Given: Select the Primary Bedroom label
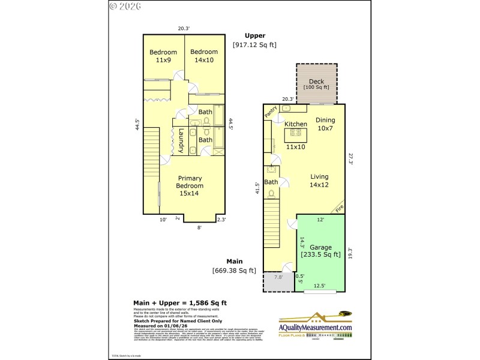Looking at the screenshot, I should pyautogui.click(x=189, y=185).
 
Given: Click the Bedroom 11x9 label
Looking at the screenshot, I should pyautogui.click(x=163, y=56).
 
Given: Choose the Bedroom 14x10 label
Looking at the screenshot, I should pyautogui.click(x=205, y=56).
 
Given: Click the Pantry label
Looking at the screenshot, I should pyautogui.click(x=271, y=111).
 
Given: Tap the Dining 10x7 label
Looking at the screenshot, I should pyautogui.click(x=326, y=124).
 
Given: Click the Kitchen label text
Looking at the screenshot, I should pyautogui.click(x=296, y=124).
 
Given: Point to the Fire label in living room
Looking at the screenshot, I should pyautogui.click(x=340, y=209).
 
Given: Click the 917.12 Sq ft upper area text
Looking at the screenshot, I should pyautogui.click(x=254, y=45).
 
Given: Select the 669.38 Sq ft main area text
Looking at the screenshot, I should pyautogui.click(x=234, y=271).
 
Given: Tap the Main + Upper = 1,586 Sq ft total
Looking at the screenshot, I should pyautogui.click(x=179, y=302).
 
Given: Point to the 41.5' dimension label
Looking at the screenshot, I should pyautogui.click(x=258, y=189).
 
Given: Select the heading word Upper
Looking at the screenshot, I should pyautogui.click(x=254, y=35).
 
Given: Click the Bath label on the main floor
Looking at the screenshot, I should pyautogui.click(x=271, y=182).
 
